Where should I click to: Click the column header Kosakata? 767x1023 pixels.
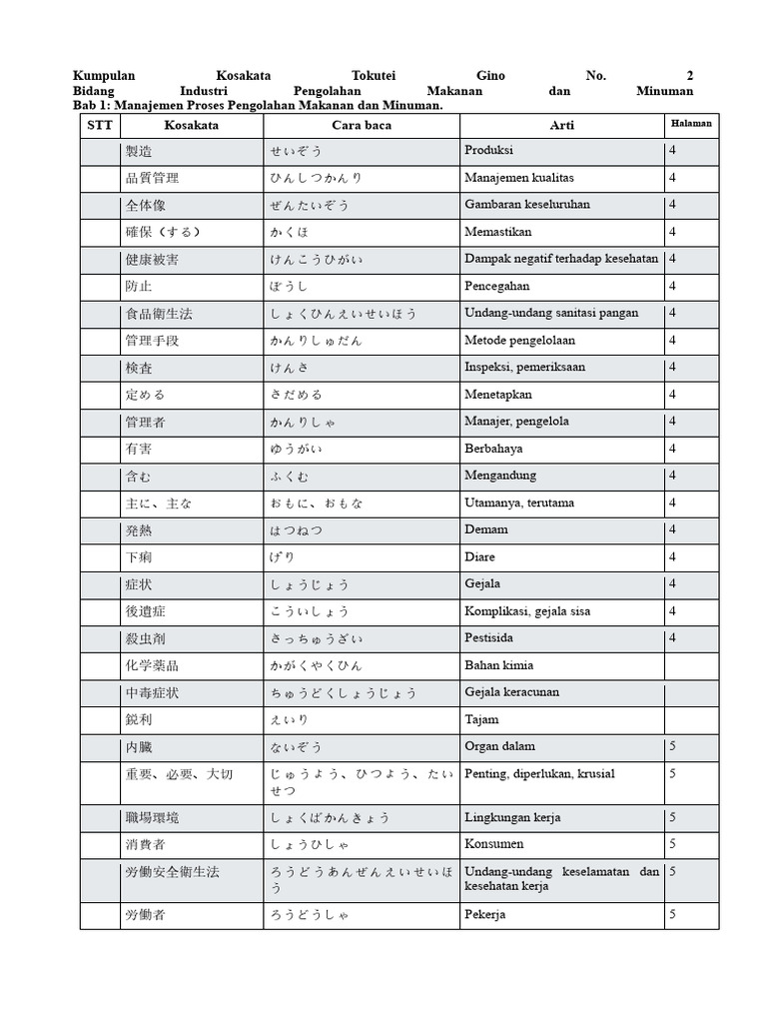pyautogui.click(x=191, y=126)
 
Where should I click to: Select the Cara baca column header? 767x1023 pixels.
pyautogui.click(x=362, y=126)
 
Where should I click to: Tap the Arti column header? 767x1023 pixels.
pyautogui.click(x=561, y=126)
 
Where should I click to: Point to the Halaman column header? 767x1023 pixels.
pyautogui.click(x=690, y=123)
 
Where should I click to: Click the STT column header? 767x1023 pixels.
pyautogui.click(x=100, y=126)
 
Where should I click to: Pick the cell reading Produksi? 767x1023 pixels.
pyautogui.click(x=489, y=150)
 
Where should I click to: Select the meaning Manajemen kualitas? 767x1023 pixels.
pyautogui.click(x=519, y=177)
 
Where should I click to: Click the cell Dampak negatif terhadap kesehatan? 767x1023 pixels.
pyautogui.click(x=561, y=258)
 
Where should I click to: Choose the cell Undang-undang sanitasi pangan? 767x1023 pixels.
pyautogui.click(x=551, y=313)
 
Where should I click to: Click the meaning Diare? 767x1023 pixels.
pyautogui.click(x=479, y=556)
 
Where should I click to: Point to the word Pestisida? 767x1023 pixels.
pyautogui.click(x=489, y=637)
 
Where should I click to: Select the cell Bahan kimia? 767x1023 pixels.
pyautogui.click(x=499, y=664)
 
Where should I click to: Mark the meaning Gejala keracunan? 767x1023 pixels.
pyautogui.click(x=512, y=692)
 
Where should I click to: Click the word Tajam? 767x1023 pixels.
pyautogui.click(x=482, y=719)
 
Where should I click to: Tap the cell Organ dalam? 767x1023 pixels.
pyautogui.click(x=500, y=746)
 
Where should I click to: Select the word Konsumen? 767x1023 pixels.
pyautogui.click(x=494, y=844)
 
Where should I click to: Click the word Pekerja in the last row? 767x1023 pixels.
pyautogui.click(x=485, y=914)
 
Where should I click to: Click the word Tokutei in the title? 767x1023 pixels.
pyautogui.click(x=375, y=76)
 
